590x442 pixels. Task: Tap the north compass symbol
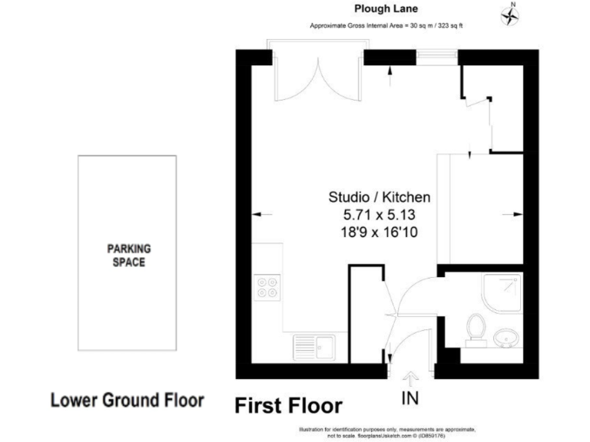(x=509, y=15)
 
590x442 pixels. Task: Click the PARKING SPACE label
(x=129, y=255)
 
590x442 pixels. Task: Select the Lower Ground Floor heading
(x=127, y=401)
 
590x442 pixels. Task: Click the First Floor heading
(x=288, y=404)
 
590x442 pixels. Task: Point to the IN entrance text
(x=411, y=399)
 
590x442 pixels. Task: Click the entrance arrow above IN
(x=411, y=378)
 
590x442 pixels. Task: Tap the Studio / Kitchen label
(x=380, y=197)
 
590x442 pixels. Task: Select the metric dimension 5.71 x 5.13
(x=380, y=213)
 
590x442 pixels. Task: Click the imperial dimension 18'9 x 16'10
(x=380, y=230)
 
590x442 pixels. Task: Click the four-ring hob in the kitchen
(x=268, y=287)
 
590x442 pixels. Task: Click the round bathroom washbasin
(x=505, y=337)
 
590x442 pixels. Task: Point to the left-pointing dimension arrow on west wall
(x=259, y=214)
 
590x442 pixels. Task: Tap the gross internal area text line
(x=385, y=26)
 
